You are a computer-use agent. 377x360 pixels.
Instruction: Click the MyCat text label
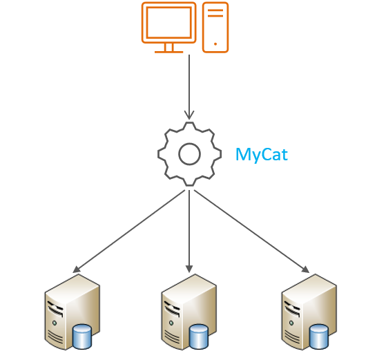coord(262,155)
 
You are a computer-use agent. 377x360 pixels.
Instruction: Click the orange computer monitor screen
coord(168,22)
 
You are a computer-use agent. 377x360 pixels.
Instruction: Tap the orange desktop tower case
coord(215,27)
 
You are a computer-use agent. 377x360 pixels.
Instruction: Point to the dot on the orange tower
coord(215,44)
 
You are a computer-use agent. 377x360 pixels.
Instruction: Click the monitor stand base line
coord(168,52)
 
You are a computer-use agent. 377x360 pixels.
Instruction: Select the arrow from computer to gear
coord(189,87)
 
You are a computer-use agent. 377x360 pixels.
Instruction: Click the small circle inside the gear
coord(189,154)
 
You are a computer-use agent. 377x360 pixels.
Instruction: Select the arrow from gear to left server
coord(128,231)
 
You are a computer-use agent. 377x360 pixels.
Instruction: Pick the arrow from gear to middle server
coord(189,231)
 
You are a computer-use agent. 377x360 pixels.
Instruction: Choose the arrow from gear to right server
coord(252,231)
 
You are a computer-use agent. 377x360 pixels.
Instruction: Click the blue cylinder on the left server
coord(82,337)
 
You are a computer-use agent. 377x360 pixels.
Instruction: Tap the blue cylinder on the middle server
coord(199,337)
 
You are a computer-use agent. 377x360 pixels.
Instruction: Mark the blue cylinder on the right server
coord(318,337)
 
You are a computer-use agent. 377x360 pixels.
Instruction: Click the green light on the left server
coord(55,323)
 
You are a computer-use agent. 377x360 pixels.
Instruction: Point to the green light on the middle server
coord(171,323)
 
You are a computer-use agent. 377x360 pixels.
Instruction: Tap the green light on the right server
coord(291,323)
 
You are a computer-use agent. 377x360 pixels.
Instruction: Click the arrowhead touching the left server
coord(76,270)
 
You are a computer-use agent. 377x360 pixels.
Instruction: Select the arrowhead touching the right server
coord(306,270)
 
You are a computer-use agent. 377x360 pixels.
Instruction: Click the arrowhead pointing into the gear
coord(189,115)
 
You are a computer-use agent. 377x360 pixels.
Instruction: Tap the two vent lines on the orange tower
coord(215,13)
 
